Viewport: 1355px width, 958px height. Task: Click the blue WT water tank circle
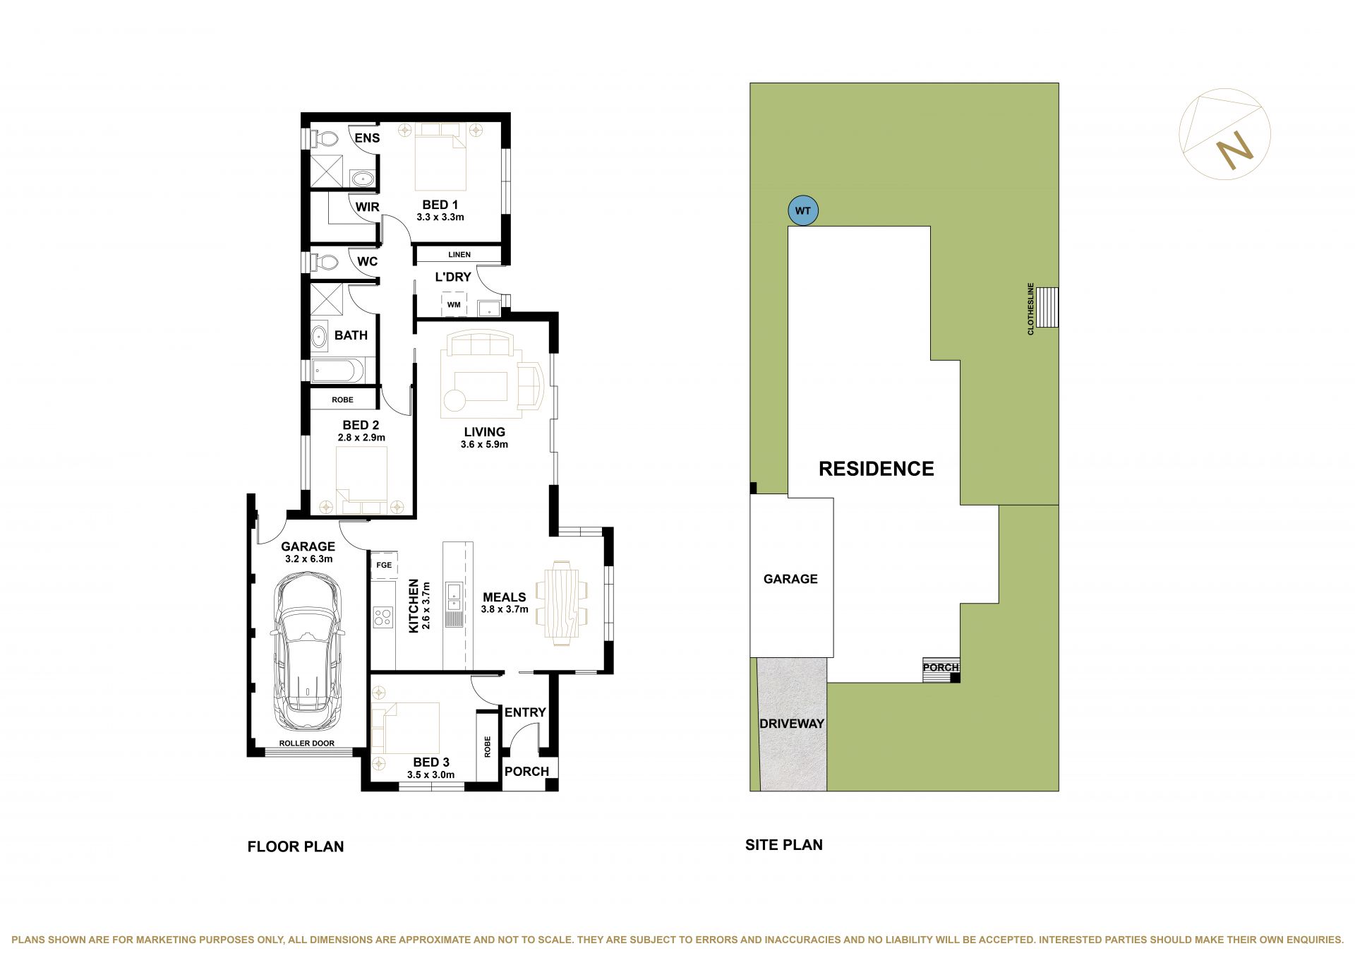[x=803, y=210]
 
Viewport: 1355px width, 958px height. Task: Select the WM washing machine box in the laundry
[x=454, y=305]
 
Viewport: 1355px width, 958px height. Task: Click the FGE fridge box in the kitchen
[x=384, y=565]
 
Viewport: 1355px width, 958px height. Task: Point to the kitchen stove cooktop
[x=383, y=617]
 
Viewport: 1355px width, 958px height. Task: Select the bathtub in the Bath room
[x=338, y=369]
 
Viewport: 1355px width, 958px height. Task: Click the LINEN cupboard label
[x=459, y=254]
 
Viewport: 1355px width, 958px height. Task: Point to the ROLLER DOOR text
[x=307, y=743]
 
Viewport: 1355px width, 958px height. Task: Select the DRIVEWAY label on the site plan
[x=792, y=724]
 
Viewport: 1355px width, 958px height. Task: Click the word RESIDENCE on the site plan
[x=876, y=469]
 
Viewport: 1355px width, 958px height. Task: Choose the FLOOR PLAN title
[x=296, y=846]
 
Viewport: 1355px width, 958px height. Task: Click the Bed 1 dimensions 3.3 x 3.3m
[x=440, y=217]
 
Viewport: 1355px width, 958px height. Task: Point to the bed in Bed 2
[x=361, y=480]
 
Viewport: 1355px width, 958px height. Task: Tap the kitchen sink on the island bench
[x=454, y=597]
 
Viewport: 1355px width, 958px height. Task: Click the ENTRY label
[x=525, y=712]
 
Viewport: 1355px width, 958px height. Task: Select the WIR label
[x=367, y=207]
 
